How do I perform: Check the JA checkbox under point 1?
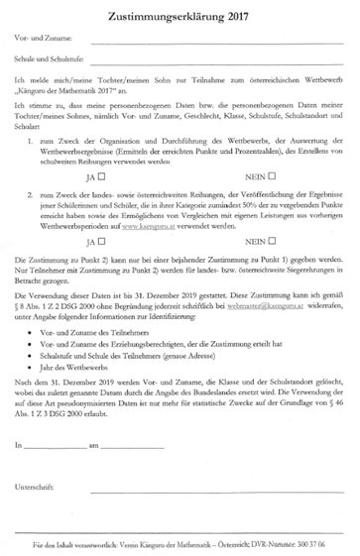click(103, 175)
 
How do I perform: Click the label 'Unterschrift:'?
click(34, 489)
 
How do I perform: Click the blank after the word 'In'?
click(56, 451)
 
